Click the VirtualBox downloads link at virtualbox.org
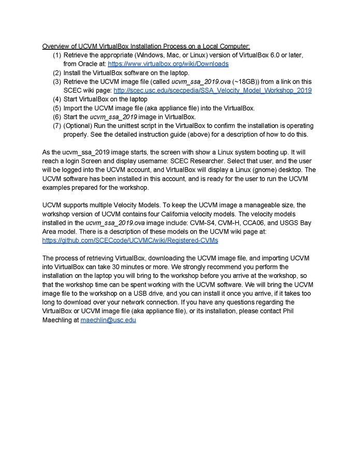[168, 64]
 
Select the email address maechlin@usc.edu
[108, 320]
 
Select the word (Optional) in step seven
[78, 125]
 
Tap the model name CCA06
[248, 223]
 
